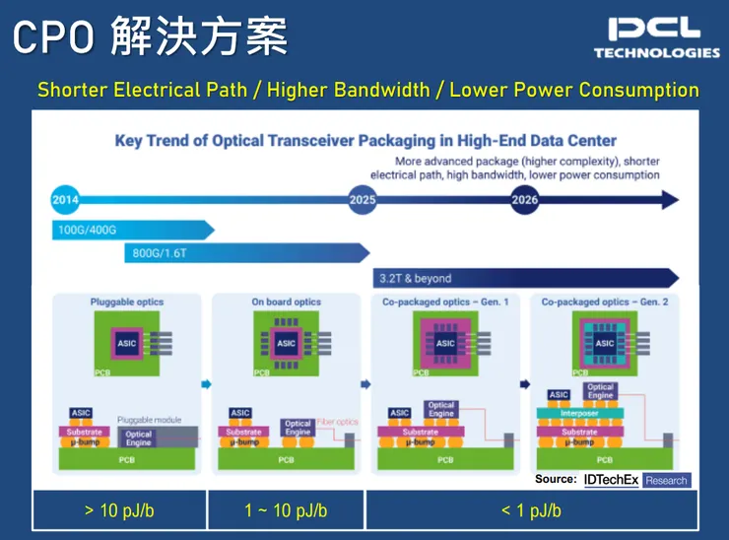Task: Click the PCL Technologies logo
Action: [x=656, y=37]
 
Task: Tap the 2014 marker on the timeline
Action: [x=65, y=200]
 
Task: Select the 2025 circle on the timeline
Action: [x=363, y=200]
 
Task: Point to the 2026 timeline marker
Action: [x=525, y=200]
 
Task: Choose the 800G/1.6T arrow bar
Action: [x=246, y=252]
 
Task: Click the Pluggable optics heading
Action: [x=127, y=302]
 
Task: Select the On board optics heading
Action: [x=286, y=302]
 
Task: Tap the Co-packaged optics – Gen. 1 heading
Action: [x=445, y=302]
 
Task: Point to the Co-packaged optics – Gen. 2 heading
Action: [x=605, y=302]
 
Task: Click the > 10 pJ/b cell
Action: [x=118, y=510]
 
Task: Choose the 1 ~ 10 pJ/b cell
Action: [x=286, y=510]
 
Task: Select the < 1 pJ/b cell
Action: [x=531, y=510]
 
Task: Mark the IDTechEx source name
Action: [x=611, y=480]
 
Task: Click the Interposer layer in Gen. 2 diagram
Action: [x=580, y=415]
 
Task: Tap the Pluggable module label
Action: [x=149, y=420]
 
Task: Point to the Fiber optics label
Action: [x=339, y=422]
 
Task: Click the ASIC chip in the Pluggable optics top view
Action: [x=127, y=343]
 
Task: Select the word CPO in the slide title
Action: [x=53, y=38]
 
